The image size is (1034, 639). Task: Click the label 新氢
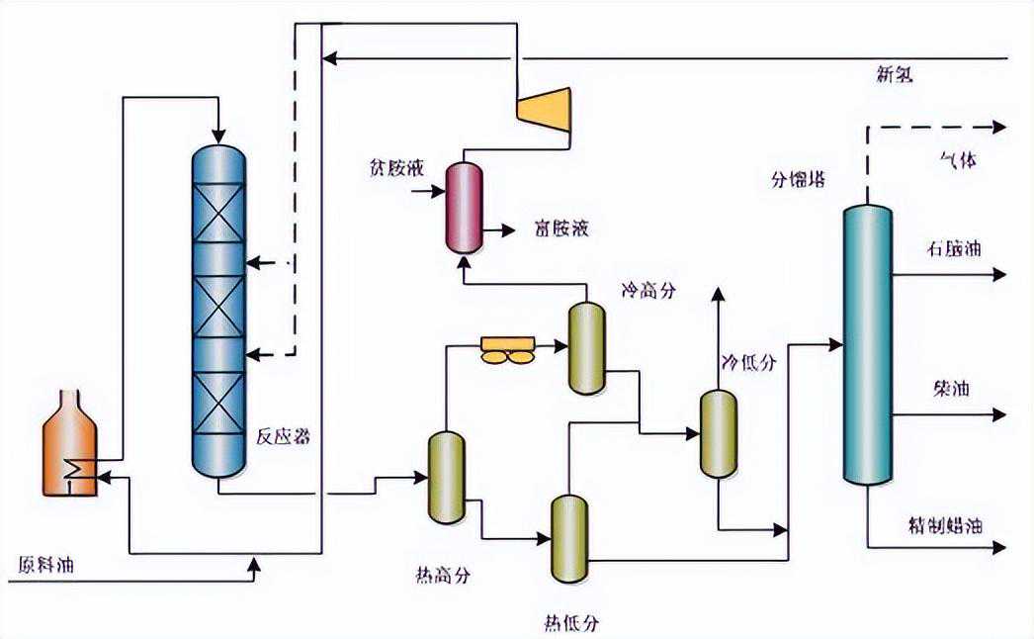897,73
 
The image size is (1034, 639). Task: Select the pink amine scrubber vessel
463,206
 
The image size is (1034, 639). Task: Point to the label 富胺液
560,229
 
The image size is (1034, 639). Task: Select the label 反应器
285,434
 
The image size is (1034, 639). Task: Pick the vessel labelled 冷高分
586,347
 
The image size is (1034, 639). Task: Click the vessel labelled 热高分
446,477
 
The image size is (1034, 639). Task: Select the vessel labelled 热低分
569,540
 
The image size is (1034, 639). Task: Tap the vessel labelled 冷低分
719,433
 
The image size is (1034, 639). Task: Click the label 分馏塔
799,180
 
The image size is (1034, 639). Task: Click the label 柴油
951,389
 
